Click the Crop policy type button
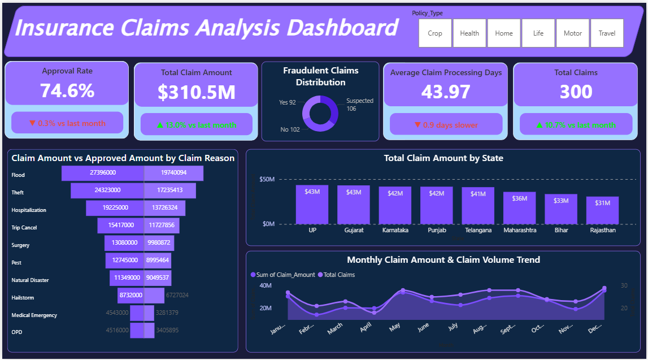coord(435,33)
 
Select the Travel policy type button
coord(607,33)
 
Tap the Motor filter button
coord(572,33)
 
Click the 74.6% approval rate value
coord(67,90)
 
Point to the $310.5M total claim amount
coord(196,93)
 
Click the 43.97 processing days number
coord(446,92)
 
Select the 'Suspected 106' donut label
coord(359,105)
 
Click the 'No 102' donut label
coord(290,130)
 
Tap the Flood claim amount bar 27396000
coord(103,173)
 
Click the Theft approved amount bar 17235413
coord(170,190)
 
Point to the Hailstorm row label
coord(22,298)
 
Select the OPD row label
coord(16,333)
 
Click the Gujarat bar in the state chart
coord(354,205)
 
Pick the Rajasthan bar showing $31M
coord(602,210)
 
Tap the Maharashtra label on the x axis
coord(519,231)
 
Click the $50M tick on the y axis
coord(267,180)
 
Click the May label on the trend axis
coord(394,326)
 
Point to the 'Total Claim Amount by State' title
coord(443,158)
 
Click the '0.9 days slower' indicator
coord(446,125)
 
